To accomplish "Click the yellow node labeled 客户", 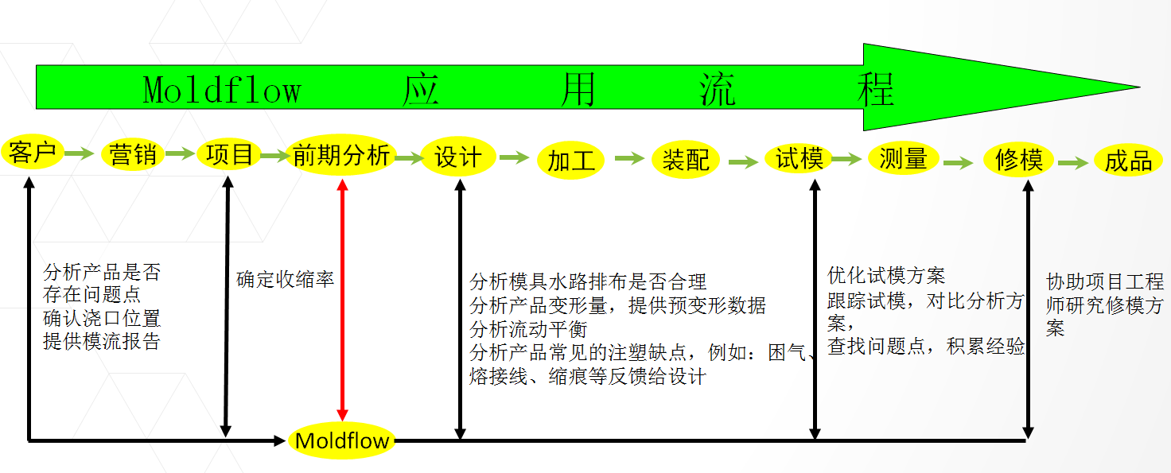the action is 33,152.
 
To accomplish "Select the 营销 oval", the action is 133,155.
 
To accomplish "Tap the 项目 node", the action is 229,155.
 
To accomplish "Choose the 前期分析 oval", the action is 340,155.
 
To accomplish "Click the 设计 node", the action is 458,157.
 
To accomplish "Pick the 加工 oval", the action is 571,160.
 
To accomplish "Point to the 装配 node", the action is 686,160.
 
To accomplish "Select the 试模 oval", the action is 799,158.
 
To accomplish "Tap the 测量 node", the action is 904,158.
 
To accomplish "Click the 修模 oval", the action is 1018,160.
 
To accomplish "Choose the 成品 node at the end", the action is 1128,160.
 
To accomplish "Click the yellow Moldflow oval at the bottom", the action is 342,440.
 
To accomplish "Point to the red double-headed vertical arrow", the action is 342,300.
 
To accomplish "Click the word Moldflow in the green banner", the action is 222,90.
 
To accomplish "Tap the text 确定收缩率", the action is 285,280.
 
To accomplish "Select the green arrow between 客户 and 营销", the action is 79,153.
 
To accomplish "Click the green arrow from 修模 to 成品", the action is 1072,163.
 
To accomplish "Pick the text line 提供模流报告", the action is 101,341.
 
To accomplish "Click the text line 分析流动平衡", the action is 528,329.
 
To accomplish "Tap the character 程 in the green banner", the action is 876,89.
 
